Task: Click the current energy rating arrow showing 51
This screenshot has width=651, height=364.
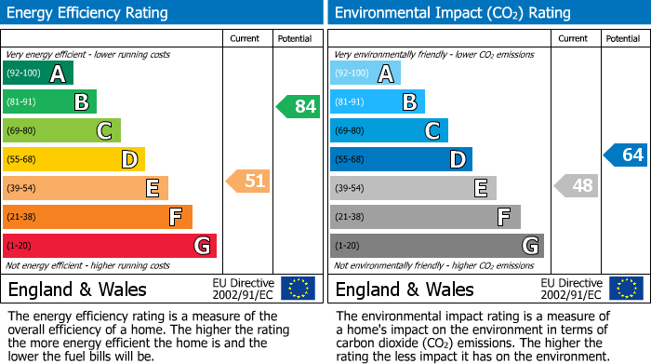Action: (248, 181)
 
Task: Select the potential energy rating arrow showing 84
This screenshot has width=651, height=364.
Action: (299, 106)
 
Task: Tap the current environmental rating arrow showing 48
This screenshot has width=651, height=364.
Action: (577, 185)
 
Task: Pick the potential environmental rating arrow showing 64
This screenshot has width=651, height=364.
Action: (626, 155)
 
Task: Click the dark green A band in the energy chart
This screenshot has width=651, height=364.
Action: (38, 74)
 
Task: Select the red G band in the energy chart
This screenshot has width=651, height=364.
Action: (110, 246)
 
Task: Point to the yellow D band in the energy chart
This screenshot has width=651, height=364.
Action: (73, 159)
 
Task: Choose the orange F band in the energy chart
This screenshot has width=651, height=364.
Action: (98, 217)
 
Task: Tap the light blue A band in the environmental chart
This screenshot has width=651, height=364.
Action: (365, 74)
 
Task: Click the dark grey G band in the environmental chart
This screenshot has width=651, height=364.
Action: (436, 246)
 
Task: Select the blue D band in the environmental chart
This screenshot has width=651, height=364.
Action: (401, 159)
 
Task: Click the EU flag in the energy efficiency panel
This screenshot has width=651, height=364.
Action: (298, 288)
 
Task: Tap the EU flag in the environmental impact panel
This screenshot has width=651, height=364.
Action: (626, 288)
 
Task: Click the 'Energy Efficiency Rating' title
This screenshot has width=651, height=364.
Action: (88, 13)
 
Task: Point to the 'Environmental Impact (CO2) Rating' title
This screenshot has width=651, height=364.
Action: (452, 13)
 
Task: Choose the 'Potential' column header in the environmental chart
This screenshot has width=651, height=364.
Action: (623, 38)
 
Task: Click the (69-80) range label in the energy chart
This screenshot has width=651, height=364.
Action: (22, 130)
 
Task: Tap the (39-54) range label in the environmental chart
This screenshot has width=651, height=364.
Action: (350, 188)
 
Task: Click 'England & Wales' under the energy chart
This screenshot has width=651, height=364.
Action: (77, 289)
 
